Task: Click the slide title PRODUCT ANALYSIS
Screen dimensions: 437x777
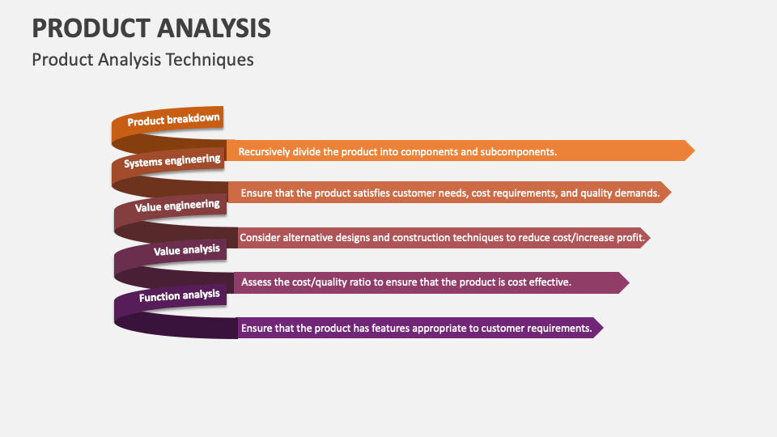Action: coord(151,28)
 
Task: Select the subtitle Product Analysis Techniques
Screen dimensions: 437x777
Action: coord(142,59)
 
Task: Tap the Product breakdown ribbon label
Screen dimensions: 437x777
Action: coord(173,120)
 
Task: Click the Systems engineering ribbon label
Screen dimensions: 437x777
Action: coord(172,161)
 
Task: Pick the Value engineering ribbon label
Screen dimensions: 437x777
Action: coord(176,206)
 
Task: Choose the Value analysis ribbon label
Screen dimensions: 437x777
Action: coord(186,251)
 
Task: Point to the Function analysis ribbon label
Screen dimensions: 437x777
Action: coord(179,296)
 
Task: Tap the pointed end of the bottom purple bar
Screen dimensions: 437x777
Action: coord(598,328)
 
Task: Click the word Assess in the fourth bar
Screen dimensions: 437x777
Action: coord(257,282)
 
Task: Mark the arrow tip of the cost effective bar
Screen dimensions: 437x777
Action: coord(624,282)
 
